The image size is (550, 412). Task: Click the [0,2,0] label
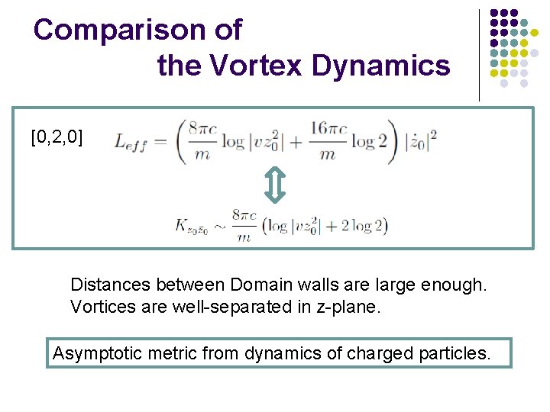click(x=57, y=137)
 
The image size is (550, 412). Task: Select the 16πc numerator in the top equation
click(x=328, y=127)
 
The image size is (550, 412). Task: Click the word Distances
click(x=107, y=285)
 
